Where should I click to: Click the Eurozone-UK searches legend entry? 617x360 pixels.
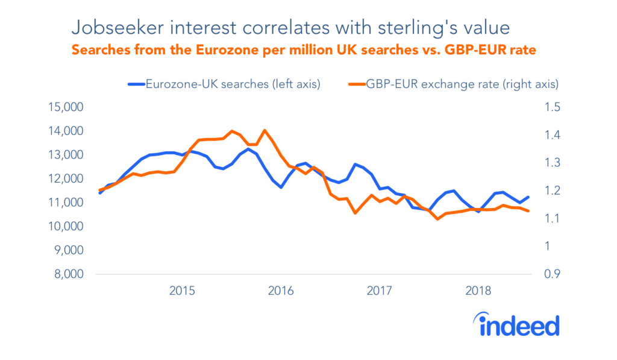pyautogui.click(x=231, y=84)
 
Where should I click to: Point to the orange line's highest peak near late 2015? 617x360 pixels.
pyautogui.click(x=265, y=130)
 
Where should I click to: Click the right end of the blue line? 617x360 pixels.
pyautogui.click(x=528, y=197)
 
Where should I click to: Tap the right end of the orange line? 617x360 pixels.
pyautogui.click(x=528, y=210)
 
